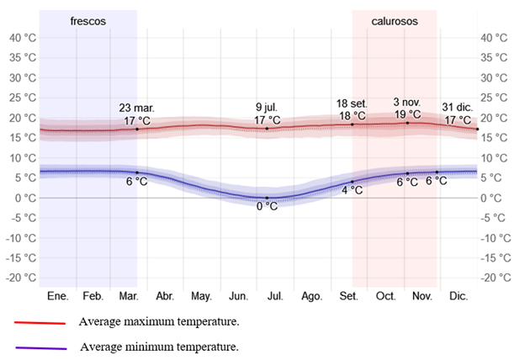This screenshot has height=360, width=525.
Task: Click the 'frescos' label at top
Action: pos(88,21)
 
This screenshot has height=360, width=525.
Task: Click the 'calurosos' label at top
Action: pos(394,21)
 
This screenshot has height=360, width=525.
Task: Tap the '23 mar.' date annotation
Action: pos(136,108)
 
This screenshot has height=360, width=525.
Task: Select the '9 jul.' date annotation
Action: pos(267,108)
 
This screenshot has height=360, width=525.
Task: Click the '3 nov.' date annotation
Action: pos(407,102)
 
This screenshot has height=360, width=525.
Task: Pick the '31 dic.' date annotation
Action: pos(459,107)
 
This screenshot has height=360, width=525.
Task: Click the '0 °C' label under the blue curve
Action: pos(267,207)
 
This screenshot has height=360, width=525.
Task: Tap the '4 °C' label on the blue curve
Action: pos(353,191)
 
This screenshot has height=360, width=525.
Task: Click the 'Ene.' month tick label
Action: pos(57,296)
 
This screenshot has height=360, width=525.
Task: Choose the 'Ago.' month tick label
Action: pos(312,296)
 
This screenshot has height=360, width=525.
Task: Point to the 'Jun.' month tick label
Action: pos(238,296)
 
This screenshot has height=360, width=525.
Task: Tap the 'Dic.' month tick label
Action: pos(459,296)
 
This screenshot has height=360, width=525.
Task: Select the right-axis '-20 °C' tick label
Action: pos(494,278)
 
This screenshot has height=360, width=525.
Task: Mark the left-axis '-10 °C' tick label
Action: pos(20,238)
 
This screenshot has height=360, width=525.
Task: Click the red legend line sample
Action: pos(40,322)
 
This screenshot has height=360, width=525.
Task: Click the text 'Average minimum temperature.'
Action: pos(159,347)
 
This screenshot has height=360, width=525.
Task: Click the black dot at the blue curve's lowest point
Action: pos(267,198)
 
